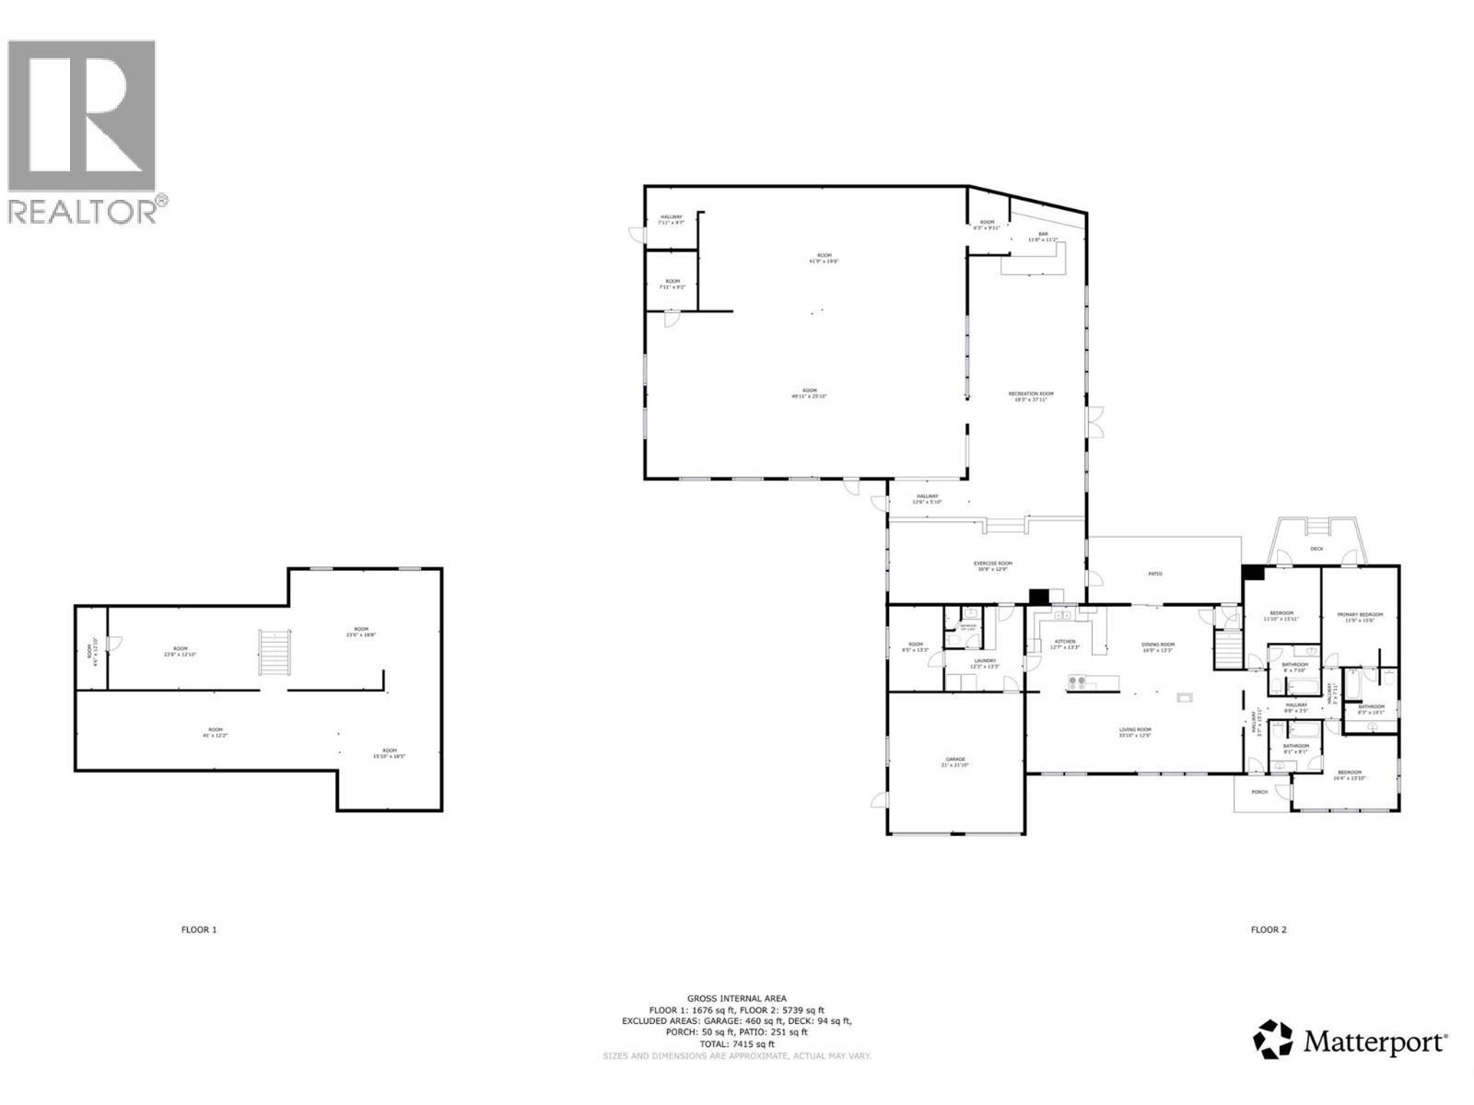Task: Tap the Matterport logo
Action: [x=1350, y=1041]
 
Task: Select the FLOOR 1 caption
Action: [x=199, y=930]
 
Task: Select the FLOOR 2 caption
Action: [x=1269, y=930]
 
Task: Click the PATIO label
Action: [x=1154, y=575]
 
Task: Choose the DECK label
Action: [x=1316, y=550]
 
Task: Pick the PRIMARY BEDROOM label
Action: [x=1361, y=616]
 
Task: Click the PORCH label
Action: [x=1259, y=792]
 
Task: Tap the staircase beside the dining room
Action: [x=1228, y=652]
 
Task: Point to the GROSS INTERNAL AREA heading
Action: [x=736, y=998]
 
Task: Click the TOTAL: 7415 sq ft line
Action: [x=736, y=1044]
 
